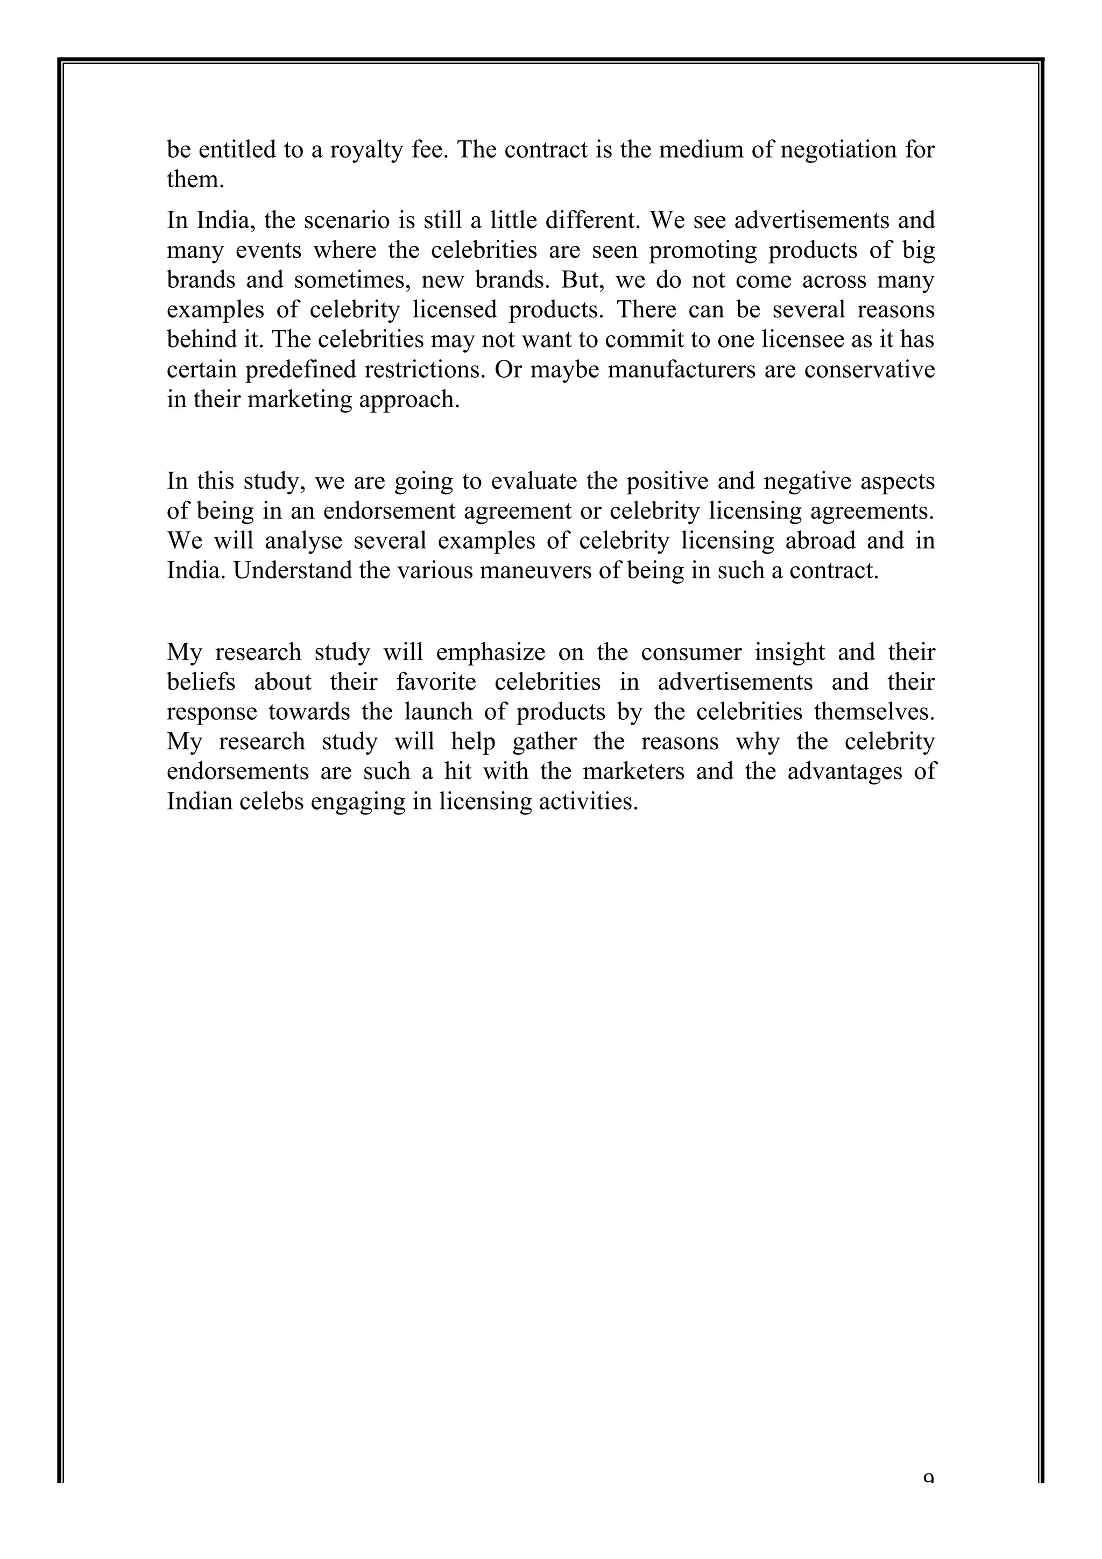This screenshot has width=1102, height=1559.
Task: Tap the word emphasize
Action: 490,653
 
